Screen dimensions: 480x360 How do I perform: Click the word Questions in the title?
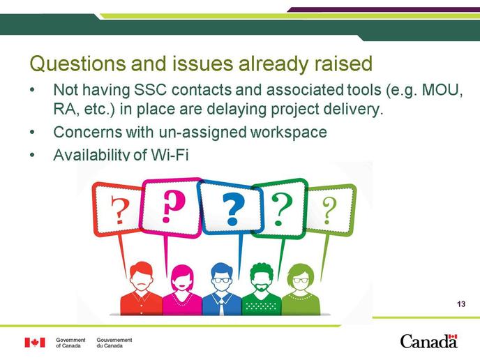77,64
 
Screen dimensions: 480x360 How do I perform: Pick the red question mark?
117,210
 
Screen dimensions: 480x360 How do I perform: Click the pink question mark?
173,206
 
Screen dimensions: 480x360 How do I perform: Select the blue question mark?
233,209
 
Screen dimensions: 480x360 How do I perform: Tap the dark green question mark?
282,209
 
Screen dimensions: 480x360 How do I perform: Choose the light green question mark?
329,210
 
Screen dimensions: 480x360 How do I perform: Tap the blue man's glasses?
222,280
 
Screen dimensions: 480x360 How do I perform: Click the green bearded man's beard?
261,287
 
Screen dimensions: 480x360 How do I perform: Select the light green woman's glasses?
301,280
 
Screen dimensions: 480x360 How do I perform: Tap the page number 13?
461,304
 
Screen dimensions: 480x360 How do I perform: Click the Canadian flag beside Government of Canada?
35,343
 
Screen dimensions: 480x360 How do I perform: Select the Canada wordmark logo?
428,341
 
